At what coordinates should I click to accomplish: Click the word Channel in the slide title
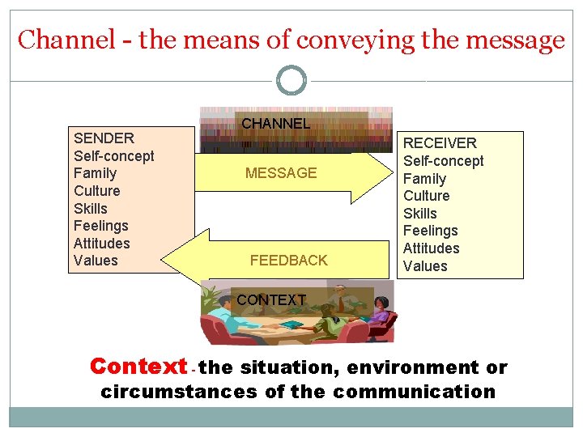coord(66,40)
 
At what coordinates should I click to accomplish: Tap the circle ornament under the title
coord(291,81)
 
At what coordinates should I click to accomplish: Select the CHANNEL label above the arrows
coord(276,124)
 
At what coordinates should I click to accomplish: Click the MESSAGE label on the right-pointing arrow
coord(281,173)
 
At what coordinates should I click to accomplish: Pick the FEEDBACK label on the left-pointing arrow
coord(288,261)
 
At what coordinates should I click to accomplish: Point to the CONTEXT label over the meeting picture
coord(271,300)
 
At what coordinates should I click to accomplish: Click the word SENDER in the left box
coord(104,138)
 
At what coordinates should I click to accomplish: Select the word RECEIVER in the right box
coord(440,143)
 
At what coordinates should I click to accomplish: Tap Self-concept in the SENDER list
coord(113,156)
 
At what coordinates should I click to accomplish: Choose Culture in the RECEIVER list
coord(426,196)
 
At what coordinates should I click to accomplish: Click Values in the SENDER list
coord(96,261)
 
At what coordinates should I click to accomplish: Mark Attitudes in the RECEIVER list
coord(431,248)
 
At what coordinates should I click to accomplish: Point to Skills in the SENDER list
coord(90,208)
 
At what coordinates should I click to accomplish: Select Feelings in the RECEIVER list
coord(430,231)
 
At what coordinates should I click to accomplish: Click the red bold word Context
coord(138,367)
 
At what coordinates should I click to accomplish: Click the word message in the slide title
coord(509,40)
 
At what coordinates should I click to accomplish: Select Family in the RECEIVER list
coord(424,179)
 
